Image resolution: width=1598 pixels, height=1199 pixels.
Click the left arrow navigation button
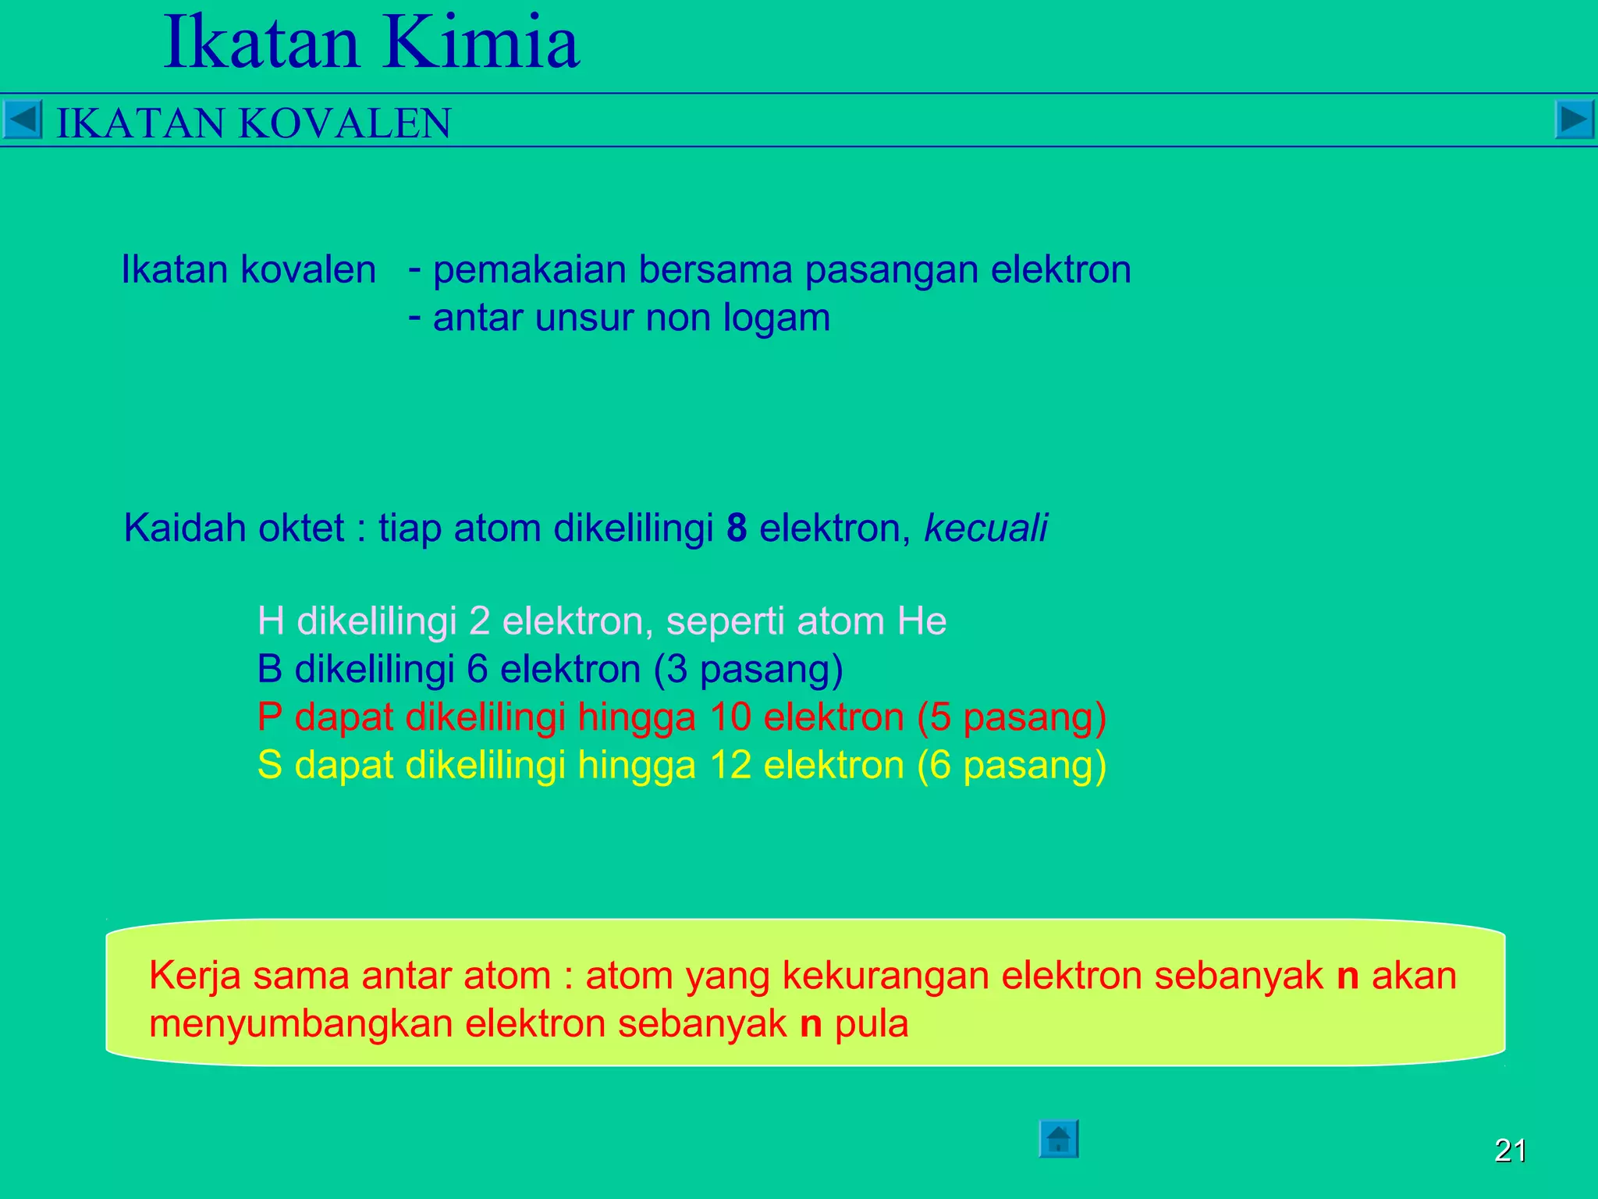click(22, 120)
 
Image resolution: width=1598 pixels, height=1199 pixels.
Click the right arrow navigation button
click(1574, 120)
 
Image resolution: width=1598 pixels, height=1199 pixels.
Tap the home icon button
click(1058, 1139)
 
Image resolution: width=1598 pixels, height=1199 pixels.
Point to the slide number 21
click(1510, 1151)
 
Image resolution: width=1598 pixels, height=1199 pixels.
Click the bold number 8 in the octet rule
click(737, 528)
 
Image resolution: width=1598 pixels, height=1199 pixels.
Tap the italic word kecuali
click(985, 528)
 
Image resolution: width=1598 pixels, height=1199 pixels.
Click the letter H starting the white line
click(270, 622)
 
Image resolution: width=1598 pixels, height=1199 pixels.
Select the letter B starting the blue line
click(269, 670)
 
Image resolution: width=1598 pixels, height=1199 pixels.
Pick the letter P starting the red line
click(269, 717)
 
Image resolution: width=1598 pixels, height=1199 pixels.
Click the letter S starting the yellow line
click(269, 765)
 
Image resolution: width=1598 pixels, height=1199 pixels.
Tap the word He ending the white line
click(922, 622)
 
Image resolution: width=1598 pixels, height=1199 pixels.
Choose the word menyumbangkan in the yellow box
click(301, 1024)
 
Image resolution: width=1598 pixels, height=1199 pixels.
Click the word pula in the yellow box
click(872, 1024)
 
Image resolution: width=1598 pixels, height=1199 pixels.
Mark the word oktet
click(301, 528)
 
